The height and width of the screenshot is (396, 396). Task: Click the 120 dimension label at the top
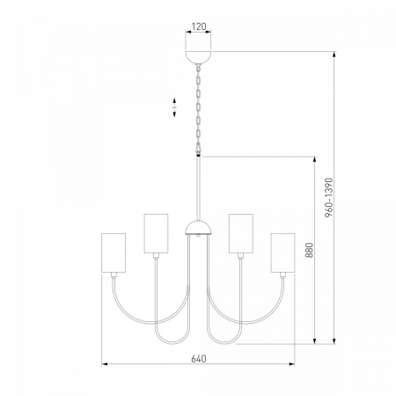[x=199, y=26]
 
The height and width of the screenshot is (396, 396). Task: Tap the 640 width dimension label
[x=199, y=358]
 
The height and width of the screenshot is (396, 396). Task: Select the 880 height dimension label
[x=309, y=250]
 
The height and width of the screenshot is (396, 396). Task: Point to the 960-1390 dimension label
[x=329, y=197]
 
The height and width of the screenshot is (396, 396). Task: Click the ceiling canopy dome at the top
[x=199, y=56]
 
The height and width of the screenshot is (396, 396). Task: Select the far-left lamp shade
[x=114, y=253]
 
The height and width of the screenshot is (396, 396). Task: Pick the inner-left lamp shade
[x=156, y=233]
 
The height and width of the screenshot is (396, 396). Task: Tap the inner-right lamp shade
[x=241, y=233]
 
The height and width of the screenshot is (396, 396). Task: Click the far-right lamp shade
[x=282, y=253]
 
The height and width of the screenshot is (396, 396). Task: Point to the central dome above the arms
[x=198, y=227]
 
